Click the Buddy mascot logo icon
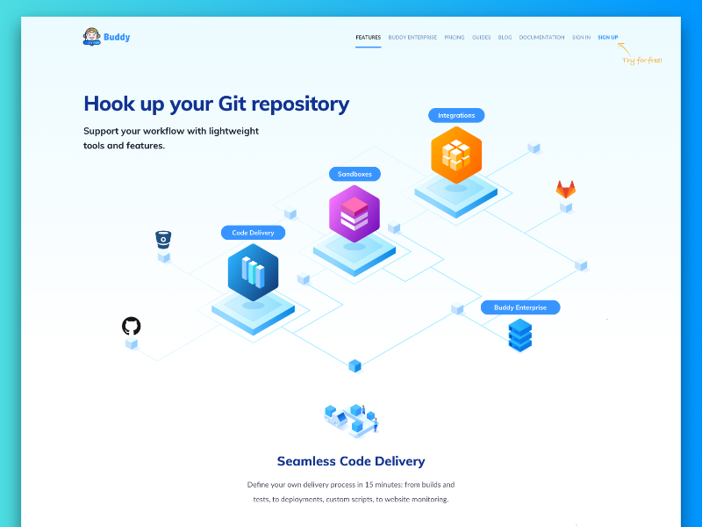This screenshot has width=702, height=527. [x=91, y=37]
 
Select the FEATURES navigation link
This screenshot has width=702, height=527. [x=368, y=38]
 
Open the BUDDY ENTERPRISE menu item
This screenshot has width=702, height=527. [x=412, y=38]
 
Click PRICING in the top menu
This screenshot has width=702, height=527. [x=455, y=38]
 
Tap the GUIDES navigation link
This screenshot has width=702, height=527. [x=481, y=38]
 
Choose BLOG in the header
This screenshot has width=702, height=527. [x=505, y=38]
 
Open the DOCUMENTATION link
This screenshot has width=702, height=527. [x=541, y=38]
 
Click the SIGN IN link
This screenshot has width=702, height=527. [x=581, y=38]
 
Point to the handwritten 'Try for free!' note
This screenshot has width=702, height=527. [x=641, y=60]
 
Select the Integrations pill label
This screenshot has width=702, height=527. [x=456, y=115]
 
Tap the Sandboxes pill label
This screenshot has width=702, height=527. [x=355, y=174]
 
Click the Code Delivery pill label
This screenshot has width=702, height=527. [x=253, y=233]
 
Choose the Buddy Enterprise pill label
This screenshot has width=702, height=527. [x=519, y=307]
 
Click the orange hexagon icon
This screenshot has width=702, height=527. [x=456, y=155]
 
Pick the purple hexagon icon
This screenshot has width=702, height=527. [x=355, y=213]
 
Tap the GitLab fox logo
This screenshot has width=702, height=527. [x=566, y=189]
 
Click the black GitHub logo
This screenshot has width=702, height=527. [x=131, y=326]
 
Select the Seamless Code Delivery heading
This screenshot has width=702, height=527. [x=351, y=461]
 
